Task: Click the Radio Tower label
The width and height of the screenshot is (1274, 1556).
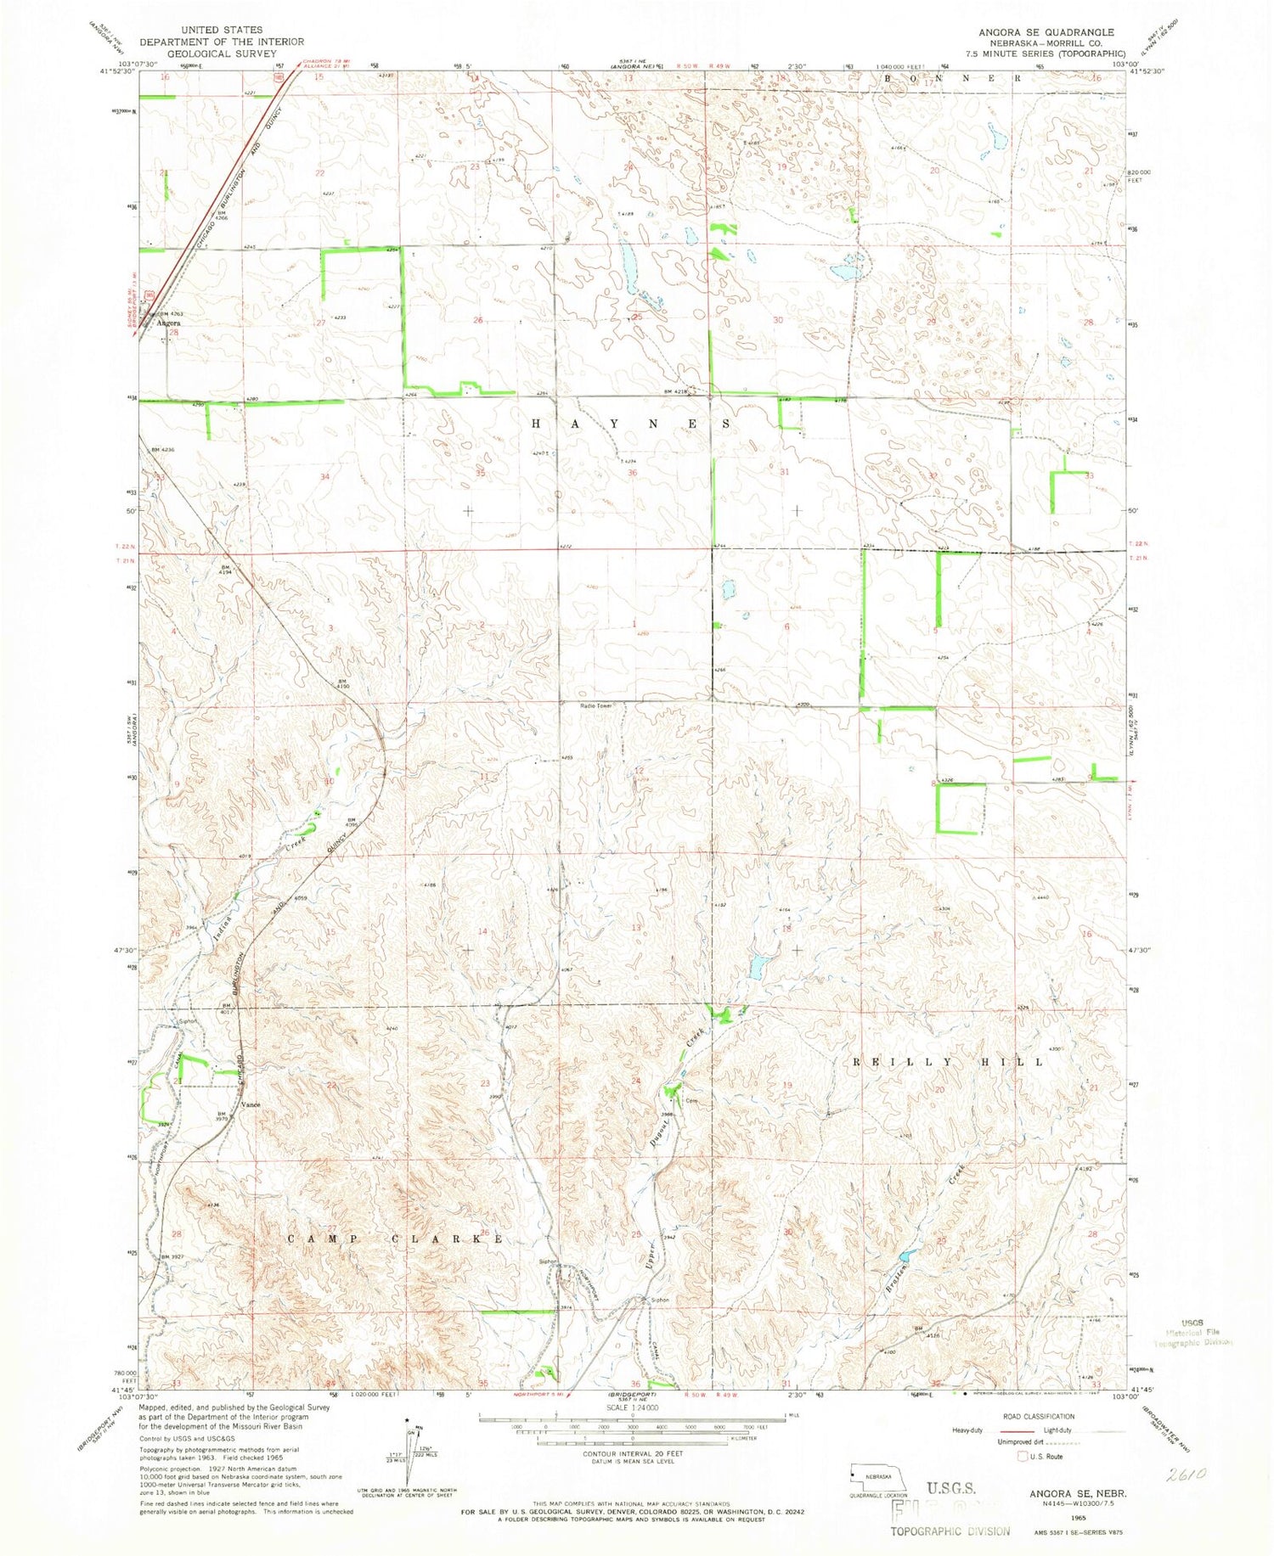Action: [596, 705]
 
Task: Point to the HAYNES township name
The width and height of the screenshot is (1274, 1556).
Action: [631, 423]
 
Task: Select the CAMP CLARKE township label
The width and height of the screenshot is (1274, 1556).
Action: [395, 1239]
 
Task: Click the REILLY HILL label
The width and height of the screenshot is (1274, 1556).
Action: [949, 1062]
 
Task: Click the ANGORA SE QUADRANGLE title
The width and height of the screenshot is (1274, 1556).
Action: [1046, 32]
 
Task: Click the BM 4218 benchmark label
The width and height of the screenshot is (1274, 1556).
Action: [675, 391]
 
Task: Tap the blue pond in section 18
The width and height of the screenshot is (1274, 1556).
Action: [759, 965]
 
